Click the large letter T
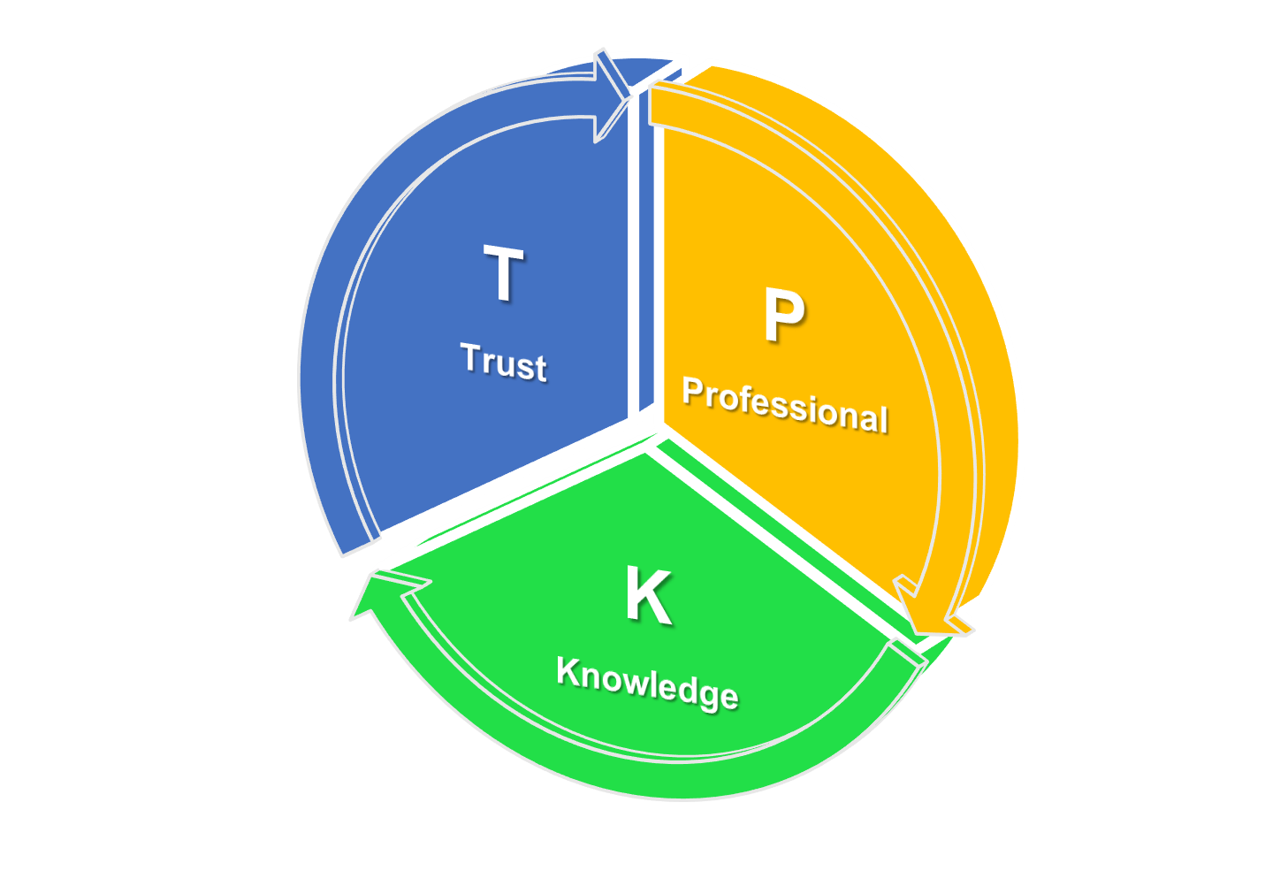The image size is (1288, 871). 504,274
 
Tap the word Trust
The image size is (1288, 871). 504,361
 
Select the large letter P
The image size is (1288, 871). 783,316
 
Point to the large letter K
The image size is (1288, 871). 648,597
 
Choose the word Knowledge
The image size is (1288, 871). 647,683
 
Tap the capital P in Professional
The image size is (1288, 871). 694,390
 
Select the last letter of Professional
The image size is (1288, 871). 882,418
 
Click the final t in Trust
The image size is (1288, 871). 541,368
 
